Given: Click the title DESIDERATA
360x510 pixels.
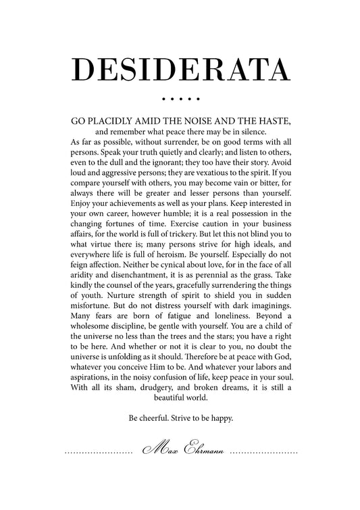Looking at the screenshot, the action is click(180, 69).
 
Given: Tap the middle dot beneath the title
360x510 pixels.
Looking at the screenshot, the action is click(180, 99).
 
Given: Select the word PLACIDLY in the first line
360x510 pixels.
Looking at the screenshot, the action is click(121, 120).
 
